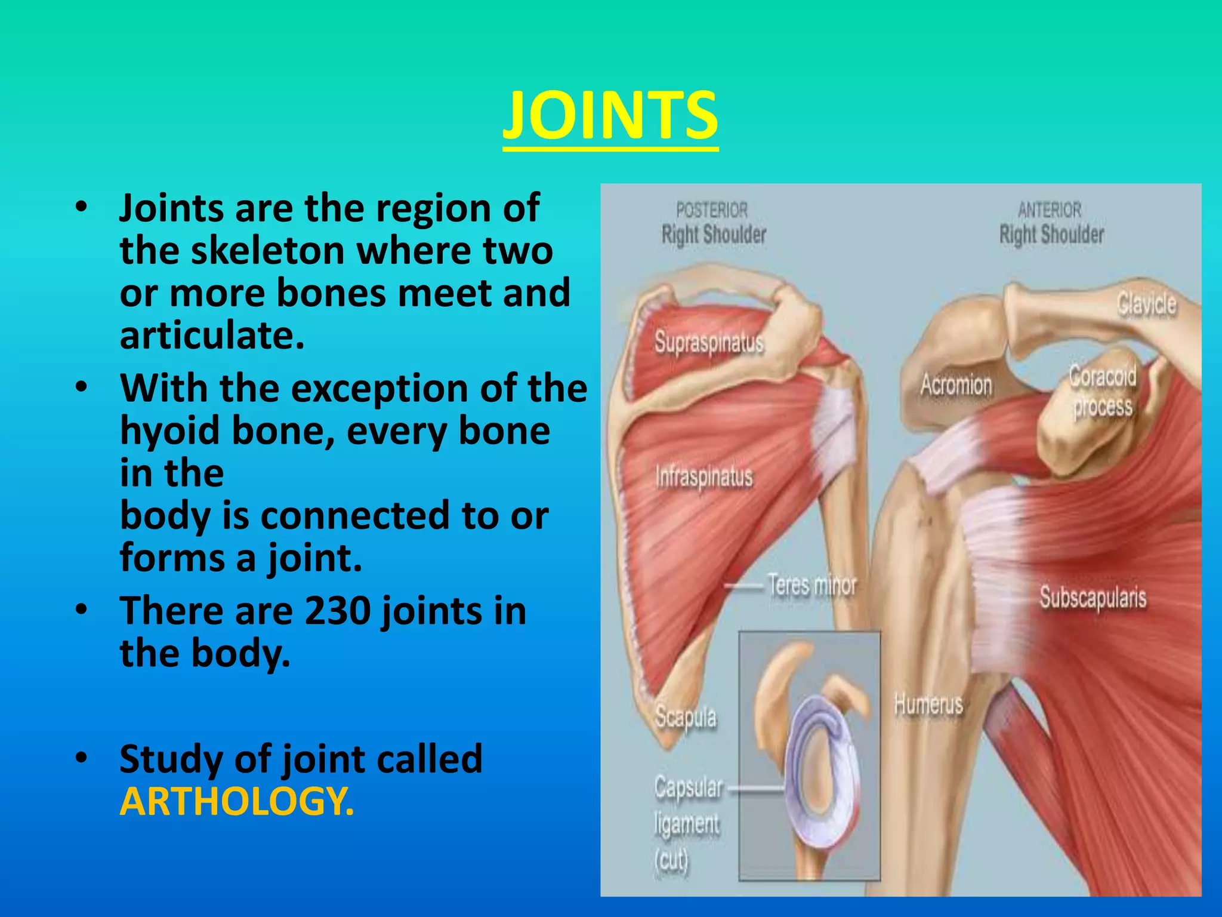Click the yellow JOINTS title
click(x=610, y=115)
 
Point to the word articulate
click(x=212, y=335)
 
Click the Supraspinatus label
click(x=709, y=343)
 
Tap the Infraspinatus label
click(x=704, y=476)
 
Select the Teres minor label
click(x=812, y=585)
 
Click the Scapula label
click(x=686, y=716)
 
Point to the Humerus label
click(x=928, y=704)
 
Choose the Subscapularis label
click(x=1093, y=597)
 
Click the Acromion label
click(x=956, y=384)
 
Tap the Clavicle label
click(x=1146, y=304)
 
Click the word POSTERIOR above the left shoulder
click(x=711, y=210)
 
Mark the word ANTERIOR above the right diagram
click(x=1050, y=210)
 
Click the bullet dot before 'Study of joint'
click(x=82, y=757)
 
